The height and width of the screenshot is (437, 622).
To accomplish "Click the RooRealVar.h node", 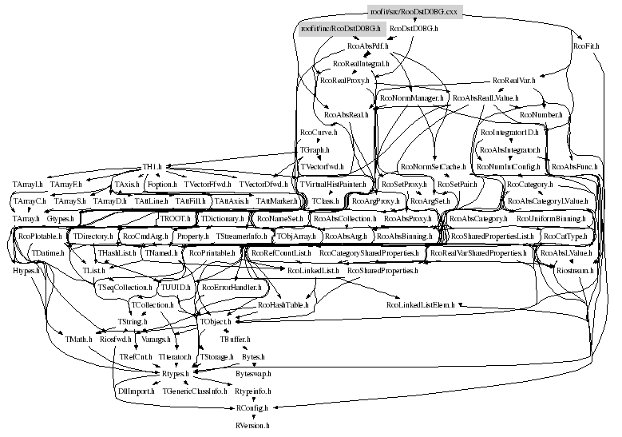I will point(514,81).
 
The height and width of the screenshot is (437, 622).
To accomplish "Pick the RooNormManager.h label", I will point(412,98).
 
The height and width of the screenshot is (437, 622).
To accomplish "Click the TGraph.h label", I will point(315,149).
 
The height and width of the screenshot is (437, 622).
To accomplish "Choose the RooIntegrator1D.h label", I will point(510,133).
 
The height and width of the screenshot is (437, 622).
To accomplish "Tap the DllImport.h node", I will point(134,391).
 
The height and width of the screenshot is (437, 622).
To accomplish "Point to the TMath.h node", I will point(80,339).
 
